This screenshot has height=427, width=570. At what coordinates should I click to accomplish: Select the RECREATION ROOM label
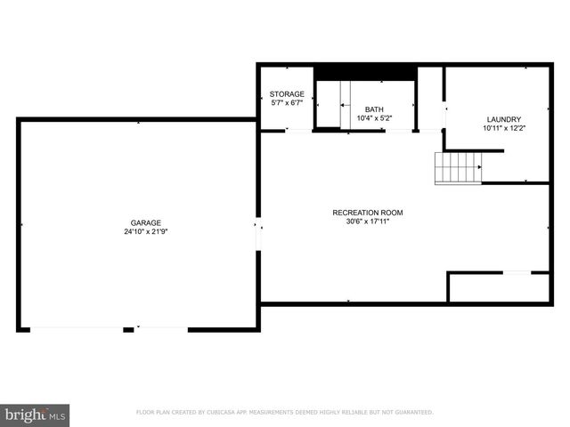[368, 212]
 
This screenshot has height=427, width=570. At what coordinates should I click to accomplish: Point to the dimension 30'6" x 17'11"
[368, 222]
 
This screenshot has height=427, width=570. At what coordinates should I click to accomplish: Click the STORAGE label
[287, 93]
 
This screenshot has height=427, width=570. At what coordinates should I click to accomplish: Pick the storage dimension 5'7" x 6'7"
[287, 103]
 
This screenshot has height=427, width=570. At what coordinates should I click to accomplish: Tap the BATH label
[374, 109]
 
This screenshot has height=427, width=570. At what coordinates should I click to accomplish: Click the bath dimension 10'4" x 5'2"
[374, 118]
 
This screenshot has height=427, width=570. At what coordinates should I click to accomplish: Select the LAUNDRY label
[503, 119]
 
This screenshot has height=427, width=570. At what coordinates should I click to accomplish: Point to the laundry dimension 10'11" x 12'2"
[503, 129]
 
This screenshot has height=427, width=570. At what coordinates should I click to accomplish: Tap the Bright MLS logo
[36, 415]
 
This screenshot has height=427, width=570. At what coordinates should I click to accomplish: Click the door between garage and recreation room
[258, 236]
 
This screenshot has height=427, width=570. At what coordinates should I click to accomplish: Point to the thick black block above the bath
[366, 72]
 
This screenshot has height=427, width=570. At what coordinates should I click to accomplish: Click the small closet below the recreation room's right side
[499, 287]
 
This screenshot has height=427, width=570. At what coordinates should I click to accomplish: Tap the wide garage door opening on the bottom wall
[76, 329]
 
